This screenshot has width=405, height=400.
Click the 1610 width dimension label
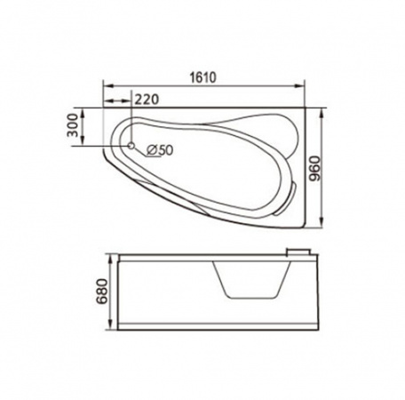202,77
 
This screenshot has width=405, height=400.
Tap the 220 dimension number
147,100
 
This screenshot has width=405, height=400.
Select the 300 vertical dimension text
73,125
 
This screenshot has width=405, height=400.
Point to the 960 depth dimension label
314,169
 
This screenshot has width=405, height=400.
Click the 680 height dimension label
101,292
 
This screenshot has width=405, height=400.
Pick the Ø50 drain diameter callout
159,150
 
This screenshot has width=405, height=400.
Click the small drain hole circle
131,146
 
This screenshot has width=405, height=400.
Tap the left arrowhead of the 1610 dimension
107,86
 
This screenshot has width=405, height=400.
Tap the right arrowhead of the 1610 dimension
299,86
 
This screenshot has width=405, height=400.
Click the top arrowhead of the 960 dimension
322,113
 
